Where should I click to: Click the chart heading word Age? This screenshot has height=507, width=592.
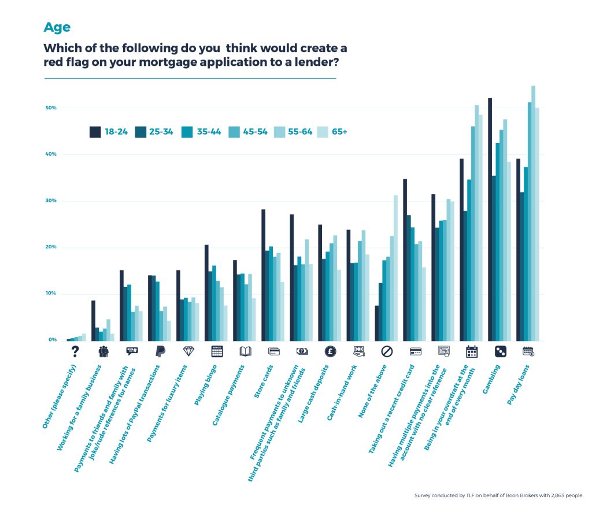tap(57, 28)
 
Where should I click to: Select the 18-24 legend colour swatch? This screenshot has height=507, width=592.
tap(95, 132)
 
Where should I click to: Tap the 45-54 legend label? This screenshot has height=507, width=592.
tap(255, 132)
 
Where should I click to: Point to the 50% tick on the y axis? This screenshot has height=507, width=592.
tap(51, 108)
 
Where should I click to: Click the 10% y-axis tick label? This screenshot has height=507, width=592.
tap(51, 293)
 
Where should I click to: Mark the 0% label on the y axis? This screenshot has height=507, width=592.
tap(52, 340)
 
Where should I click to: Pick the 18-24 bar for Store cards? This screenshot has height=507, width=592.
tap(264, 275)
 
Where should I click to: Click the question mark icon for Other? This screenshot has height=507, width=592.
tap(75, 351)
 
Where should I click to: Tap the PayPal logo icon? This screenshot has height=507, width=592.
tap(161, 351)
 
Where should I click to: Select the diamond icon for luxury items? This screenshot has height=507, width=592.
tap(189, 351)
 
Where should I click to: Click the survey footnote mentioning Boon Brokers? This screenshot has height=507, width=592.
tap(498, 496)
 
